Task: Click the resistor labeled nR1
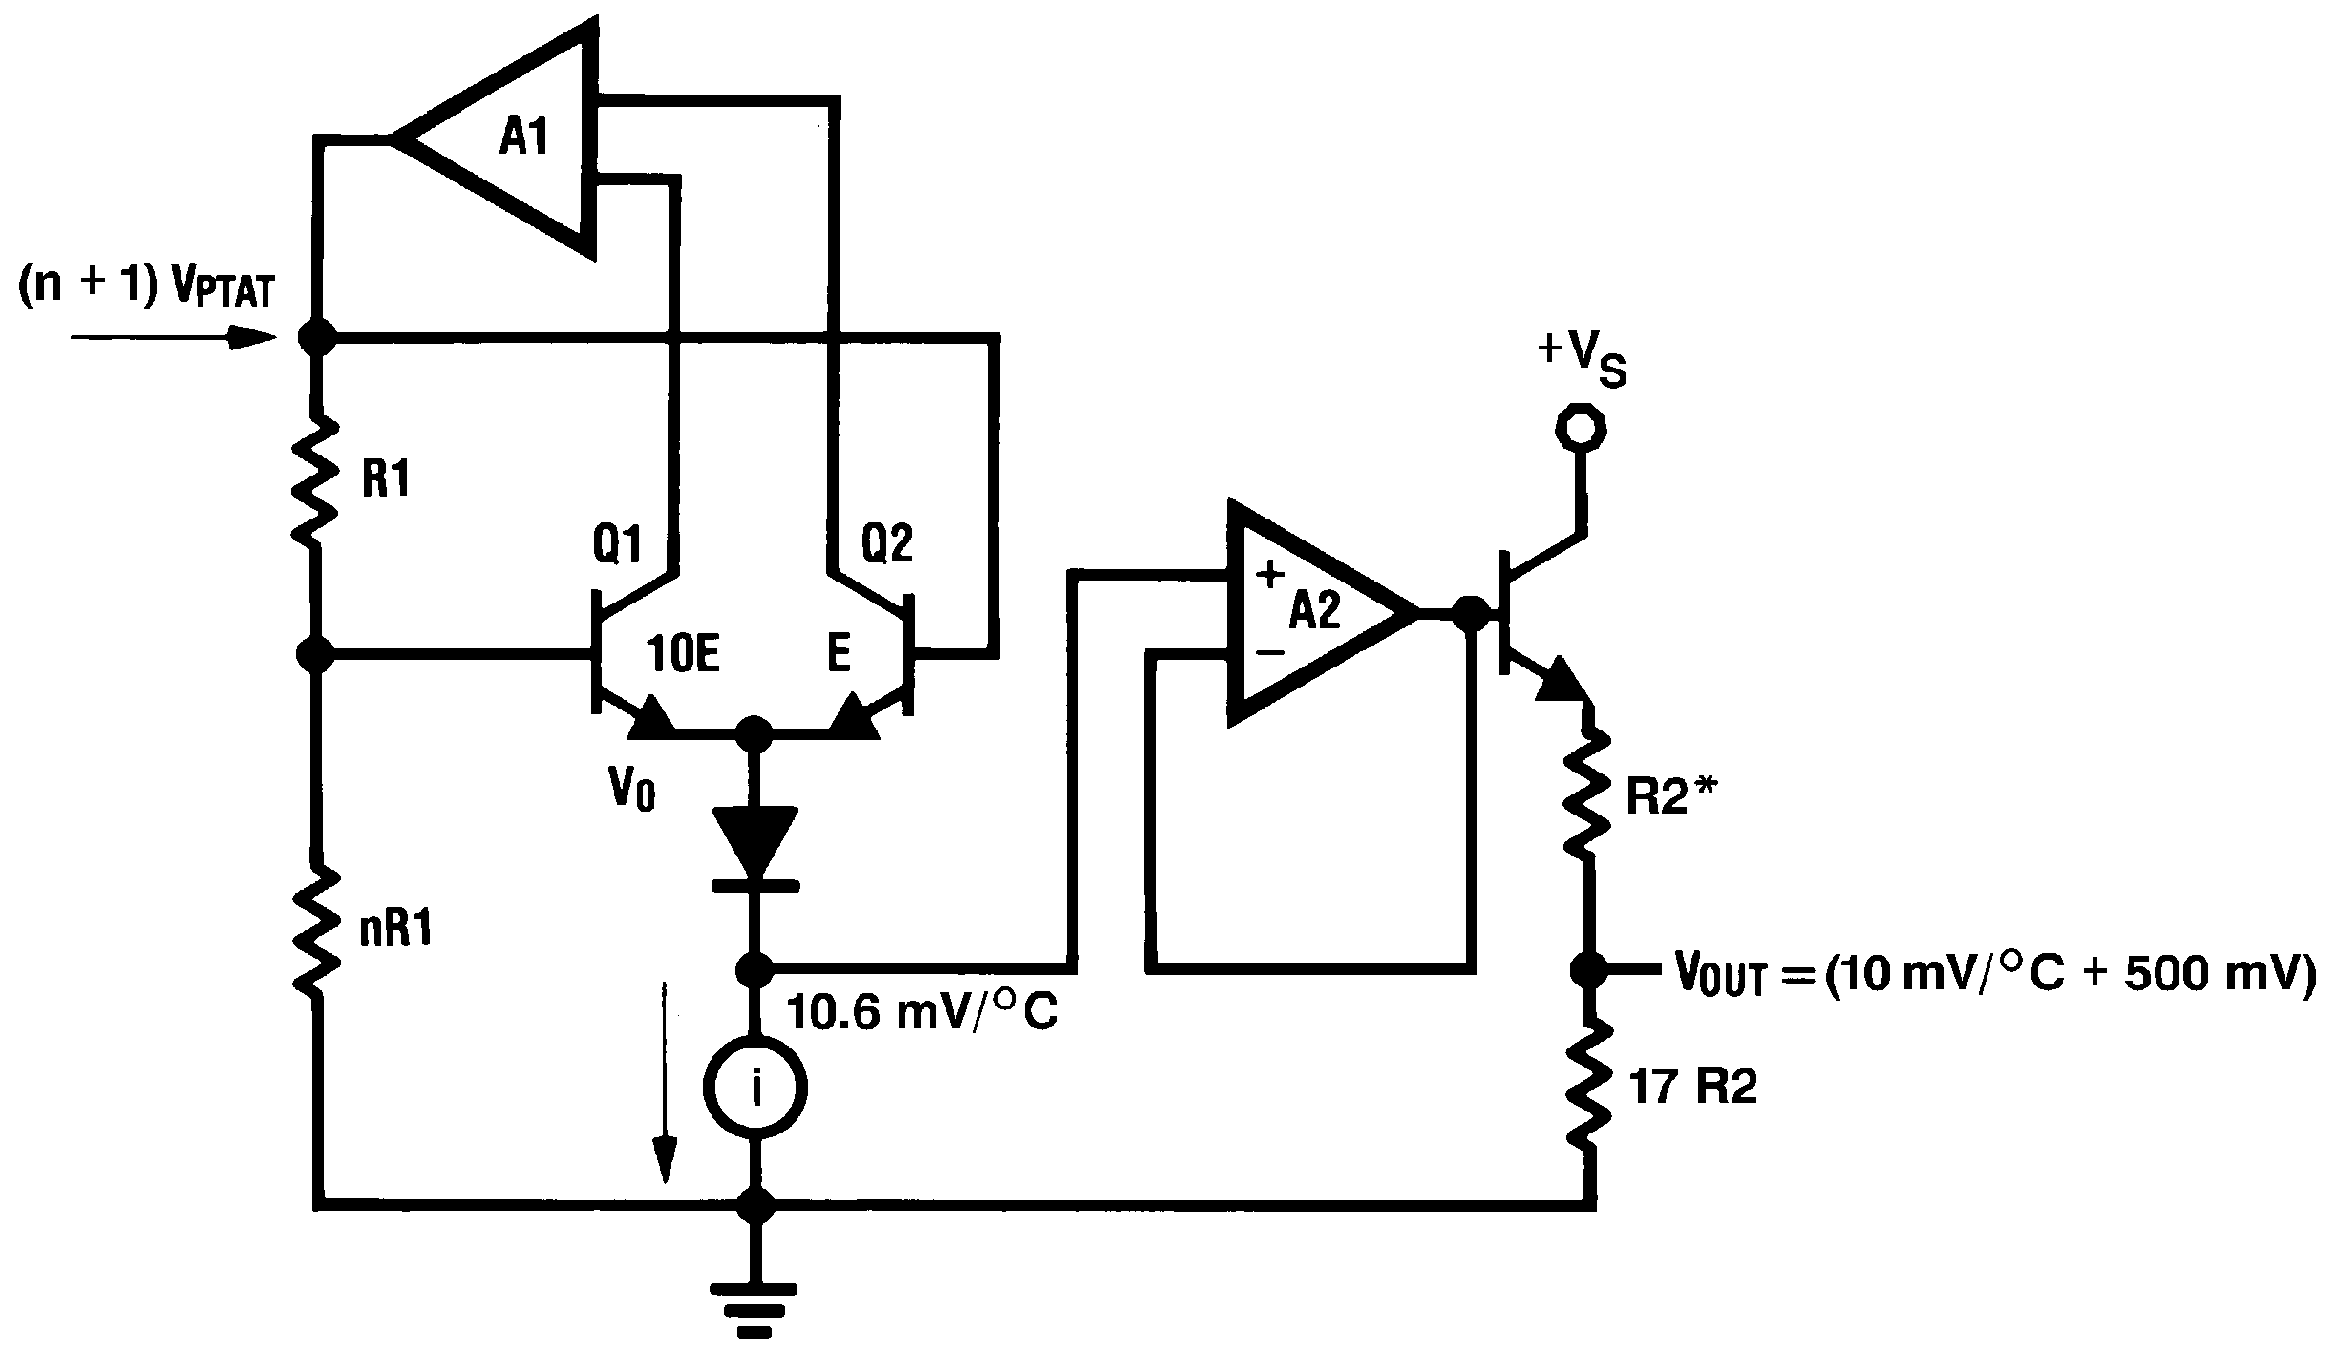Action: (316, 929)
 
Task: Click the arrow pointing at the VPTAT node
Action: (172, 337)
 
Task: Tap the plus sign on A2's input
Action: (1270, 576)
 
